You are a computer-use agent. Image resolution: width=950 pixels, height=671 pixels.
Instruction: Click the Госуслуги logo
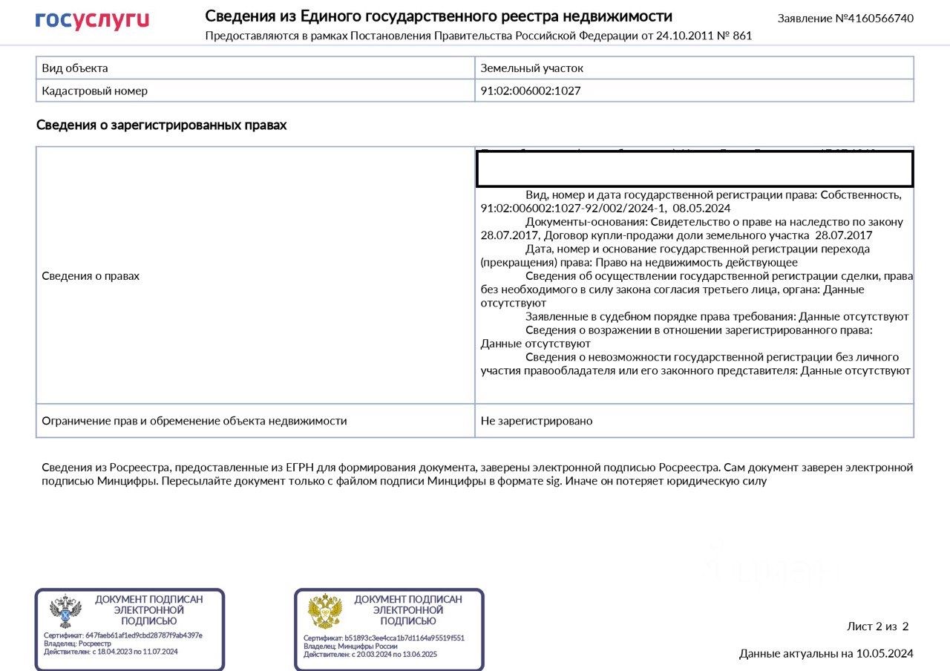pyautogui.click(x=92, y=20)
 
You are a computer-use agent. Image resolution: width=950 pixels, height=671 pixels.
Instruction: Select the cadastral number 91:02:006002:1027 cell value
pyautogui.click(x=531, y=91)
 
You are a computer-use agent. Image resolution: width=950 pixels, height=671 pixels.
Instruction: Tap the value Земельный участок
pyautogui.click(x=532, y=68)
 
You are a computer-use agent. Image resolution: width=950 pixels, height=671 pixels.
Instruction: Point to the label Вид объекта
pyautogui.click(x=75, y=68)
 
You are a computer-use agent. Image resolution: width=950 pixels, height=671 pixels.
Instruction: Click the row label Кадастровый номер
pyautogui.click(x=94, y=91)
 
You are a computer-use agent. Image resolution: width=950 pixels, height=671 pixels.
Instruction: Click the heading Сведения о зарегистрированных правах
pyautogui.click(x=161, y=125)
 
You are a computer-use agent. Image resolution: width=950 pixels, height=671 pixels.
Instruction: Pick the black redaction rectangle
pyautogui.click(x=694, y=169)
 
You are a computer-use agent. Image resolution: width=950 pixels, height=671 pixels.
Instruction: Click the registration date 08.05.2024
pyautogui.click(x=701, y=209)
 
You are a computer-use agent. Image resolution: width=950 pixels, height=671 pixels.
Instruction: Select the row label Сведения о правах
pyautogui.click(x=91, y=276)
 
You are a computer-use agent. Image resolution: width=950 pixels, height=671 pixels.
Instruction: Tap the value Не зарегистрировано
pyautogui.click(x=537, y=421)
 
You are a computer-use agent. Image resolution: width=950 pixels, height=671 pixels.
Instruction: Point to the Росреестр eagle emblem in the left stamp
pyautogui.click(x=65, y=612)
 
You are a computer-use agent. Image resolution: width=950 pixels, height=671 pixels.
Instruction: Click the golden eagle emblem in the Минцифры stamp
pyautogui.click(x=325, y=612)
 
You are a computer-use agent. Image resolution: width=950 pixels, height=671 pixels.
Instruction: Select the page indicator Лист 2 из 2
pyautogui.click(x=877, y=626)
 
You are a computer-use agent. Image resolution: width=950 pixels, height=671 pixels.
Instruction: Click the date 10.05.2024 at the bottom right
pyautogui.click(x=885, y=654)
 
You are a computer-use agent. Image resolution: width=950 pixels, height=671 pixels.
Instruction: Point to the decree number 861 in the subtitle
pyautogui.click(x=741, y=36)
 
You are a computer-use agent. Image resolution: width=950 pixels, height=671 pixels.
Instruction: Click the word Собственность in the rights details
pyautogui.click(x=861, y=195)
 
